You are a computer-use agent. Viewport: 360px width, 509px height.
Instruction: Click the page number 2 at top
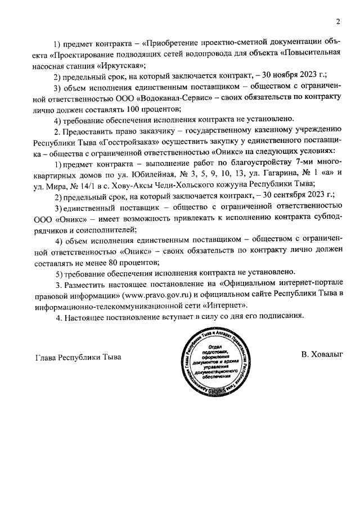338,22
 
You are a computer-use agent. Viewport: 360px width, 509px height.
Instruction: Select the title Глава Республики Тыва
78,357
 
